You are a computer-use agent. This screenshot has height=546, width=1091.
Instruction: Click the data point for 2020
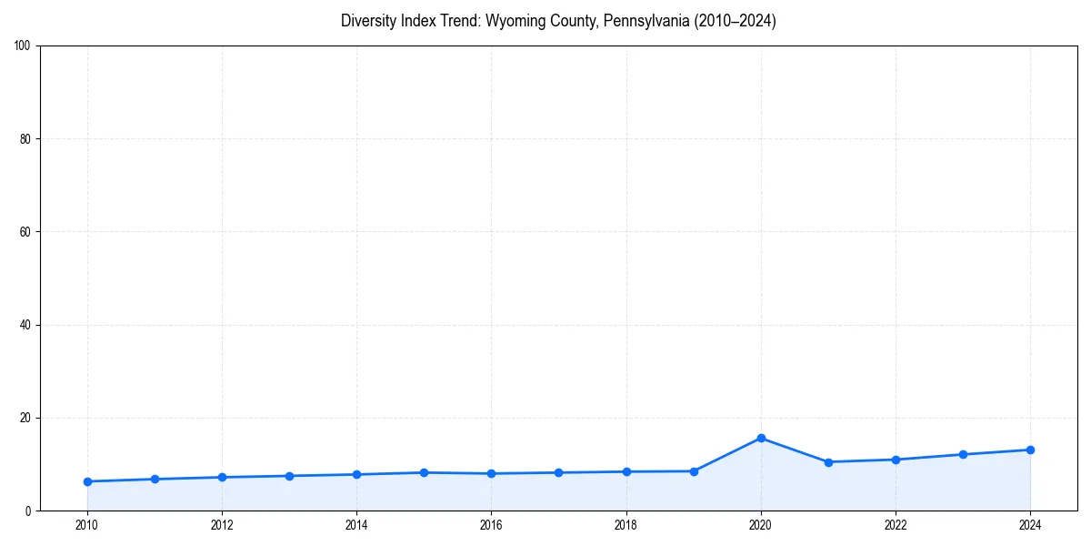pyautogui.click(x=761, y=438)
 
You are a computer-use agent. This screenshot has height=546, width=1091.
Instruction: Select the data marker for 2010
pyautogui.click(x=87, y=481)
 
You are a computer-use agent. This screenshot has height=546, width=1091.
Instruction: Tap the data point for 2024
pyautogui.click(x=1030, y=450)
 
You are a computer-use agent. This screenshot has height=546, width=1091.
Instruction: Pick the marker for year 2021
pyautogui.click(x=828, y=462)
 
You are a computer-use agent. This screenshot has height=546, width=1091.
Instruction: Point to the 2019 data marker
pyautogui.click(x=694, y=471)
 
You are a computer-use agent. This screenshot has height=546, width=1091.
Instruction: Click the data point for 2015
pyautogui.click(x=424, y=472)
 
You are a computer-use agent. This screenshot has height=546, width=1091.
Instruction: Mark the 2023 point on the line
pyautogui.click(x=963, y=454)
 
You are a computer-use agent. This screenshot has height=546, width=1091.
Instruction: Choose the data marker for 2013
pyautogui.click(x=289, y=476)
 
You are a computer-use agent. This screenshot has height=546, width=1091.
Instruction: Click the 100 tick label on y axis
pyautogui.click(x=23, y=46)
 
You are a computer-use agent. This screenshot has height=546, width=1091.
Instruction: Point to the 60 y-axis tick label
pyautogui.click(x=25, y=232)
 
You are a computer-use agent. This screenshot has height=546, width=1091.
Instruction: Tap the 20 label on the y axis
pyautogui.click(x=25, y=418)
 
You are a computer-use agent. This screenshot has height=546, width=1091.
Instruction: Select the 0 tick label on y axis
pyautogui.click(x=28, y=511)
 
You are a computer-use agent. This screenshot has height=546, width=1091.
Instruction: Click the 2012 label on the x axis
pyautogui.click(x=222, y=525)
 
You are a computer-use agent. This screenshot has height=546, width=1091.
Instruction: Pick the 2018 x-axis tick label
pyautogui.click(x=626, y=525)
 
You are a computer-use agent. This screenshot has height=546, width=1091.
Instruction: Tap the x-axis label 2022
pyautogui.click(x=896, y=525)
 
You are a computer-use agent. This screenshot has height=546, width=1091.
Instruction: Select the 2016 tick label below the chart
pyautogui.click(x=491, y=525)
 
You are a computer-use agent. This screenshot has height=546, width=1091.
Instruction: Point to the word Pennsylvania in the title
pyautogui.click(x=646, y=21)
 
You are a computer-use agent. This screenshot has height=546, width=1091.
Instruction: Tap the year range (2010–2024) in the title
pyautogui.click(x=736, y=21)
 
